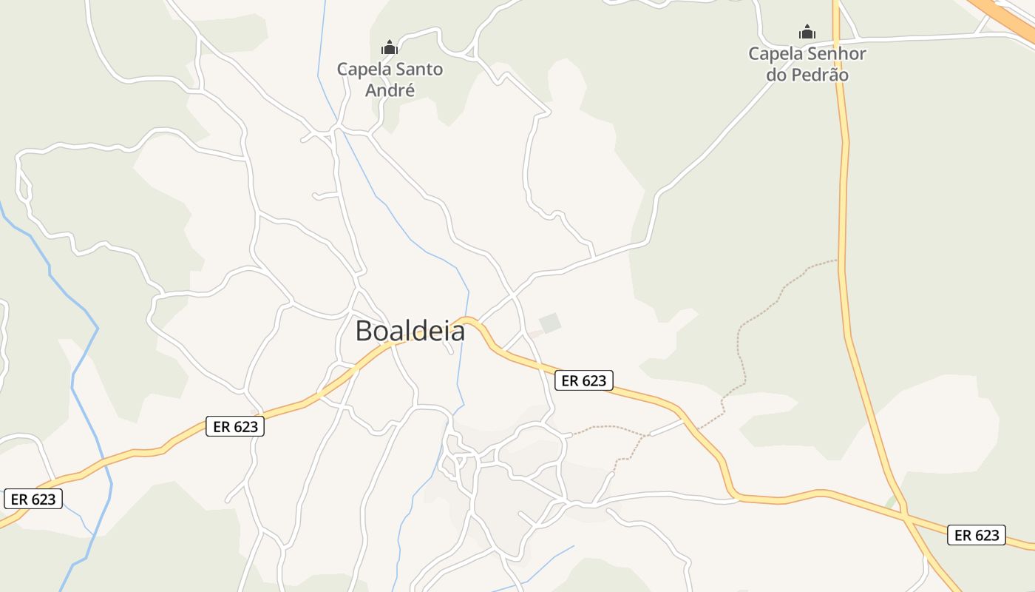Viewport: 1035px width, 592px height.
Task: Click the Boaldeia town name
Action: coord(410,331)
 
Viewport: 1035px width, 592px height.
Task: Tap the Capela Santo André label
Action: coord(390,80)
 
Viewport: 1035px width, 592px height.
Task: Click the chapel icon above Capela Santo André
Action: coord(390,48)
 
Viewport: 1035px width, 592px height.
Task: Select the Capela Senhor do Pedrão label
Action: coord(807,64)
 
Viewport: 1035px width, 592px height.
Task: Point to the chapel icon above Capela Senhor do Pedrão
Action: coord(807,32)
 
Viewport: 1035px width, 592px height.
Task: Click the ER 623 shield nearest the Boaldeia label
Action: coord(583,380)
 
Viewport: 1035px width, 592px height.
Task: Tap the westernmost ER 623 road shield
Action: coord(33,499)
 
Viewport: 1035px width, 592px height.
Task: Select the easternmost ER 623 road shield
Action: coord(976,535)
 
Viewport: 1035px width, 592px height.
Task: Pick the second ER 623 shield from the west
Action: coord(234,426)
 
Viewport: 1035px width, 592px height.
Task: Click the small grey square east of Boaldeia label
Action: coord(550,323)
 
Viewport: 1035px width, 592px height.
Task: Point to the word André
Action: coord(390,90)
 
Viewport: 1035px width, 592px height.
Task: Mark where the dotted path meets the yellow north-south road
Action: coord(839,260)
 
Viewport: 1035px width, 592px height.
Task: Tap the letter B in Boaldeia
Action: coord(364,331)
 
